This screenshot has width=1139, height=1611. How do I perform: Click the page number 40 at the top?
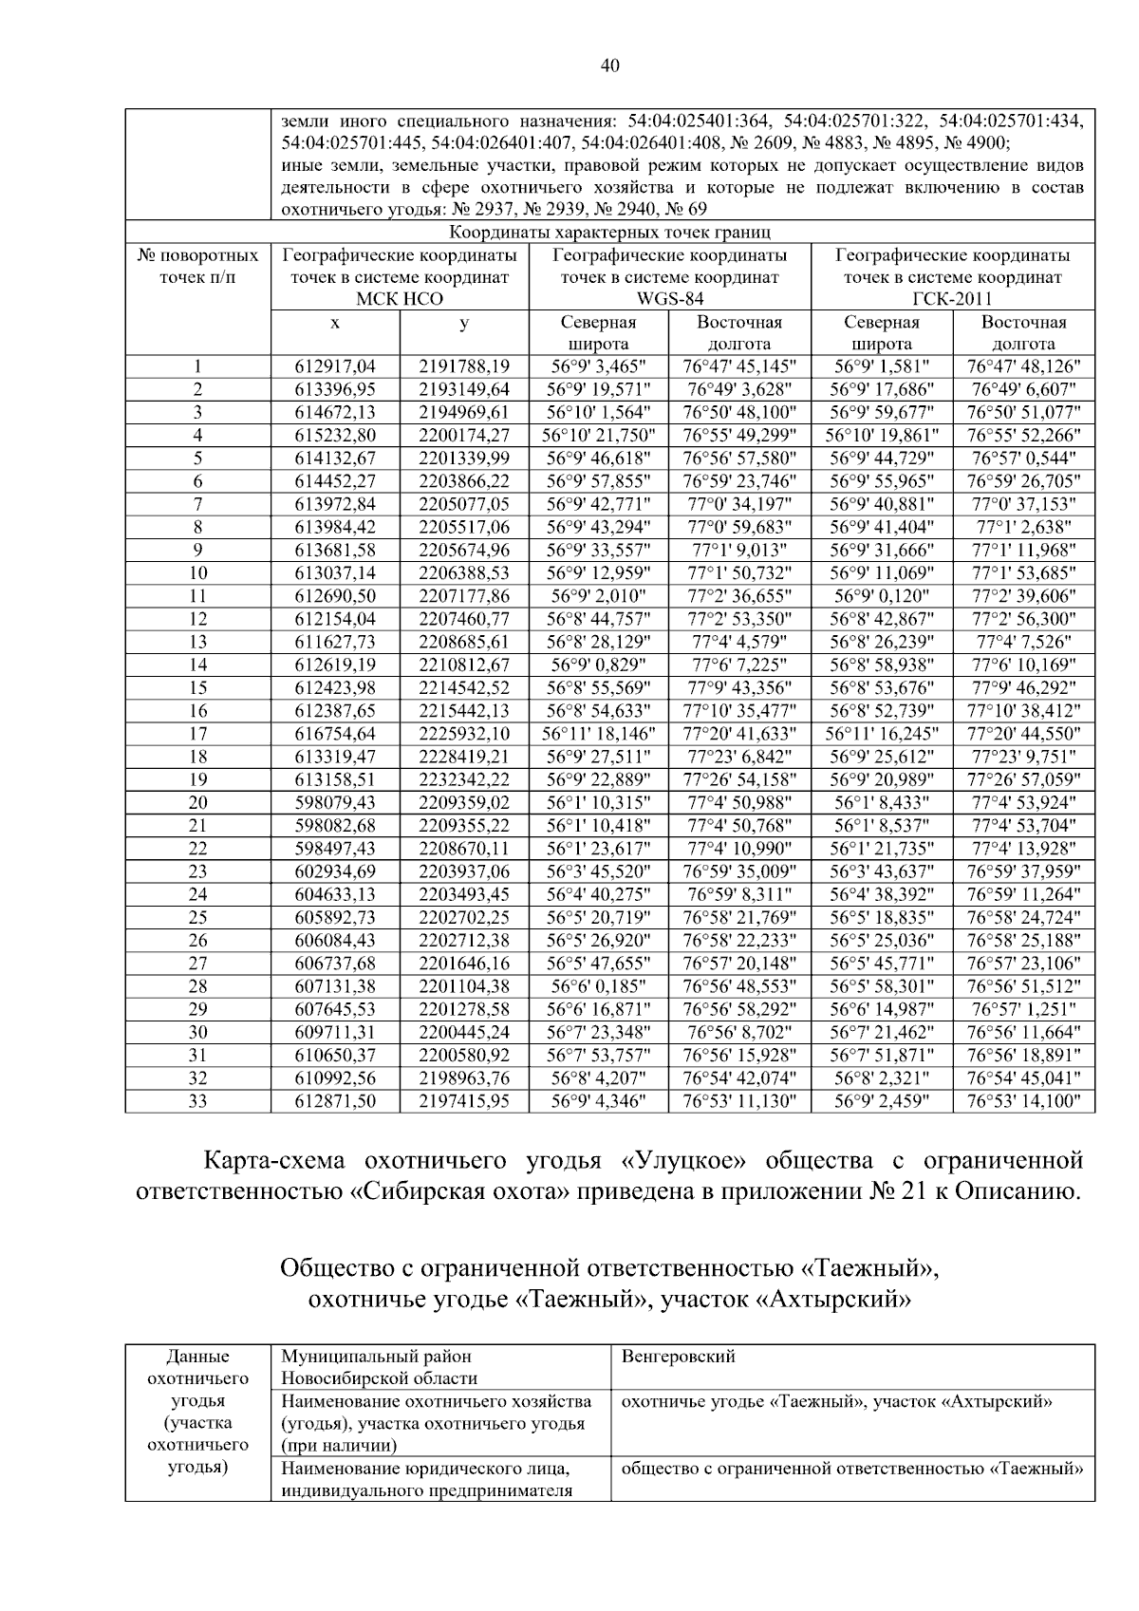coord(610,65)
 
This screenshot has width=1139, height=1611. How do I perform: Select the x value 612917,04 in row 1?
coord(335,366)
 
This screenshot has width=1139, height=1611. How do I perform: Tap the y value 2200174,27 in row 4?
coord(464,436)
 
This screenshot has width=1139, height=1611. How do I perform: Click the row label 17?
coord(197,733)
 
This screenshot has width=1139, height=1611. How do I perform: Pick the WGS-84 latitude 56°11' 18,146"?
coord(598,733)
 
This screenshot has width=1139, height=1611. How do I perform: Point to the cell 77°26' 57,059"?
coord(1023,779)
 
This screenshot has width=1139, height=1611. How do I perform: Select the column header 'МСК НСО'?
coord(399,300)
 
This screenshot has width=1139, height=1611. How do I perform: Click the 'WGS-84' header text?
coord(669,300)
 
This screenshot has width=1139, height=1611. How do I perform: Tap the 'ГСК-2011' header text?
coord(952,300)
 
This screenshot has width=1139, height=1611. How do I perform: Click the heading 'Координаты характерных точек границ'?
coord(609,232)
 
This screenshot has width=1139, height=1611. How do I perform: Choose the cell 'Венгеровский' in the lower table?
coord(678,1357)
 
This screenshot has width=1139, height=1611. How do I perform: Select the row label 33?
coord(197,1101)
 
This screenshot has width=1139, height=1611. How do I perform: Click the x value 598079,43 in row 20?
coord(335,802)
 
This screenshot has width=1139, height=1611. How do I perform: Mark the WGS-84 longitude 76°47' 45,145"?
coord(739,366)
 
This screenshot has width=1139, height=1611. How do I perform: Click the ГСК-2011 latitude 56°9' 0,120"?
coord(882,596)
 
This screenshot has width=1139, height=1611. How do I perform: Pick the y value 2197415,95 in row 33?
coord(464,1101)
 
